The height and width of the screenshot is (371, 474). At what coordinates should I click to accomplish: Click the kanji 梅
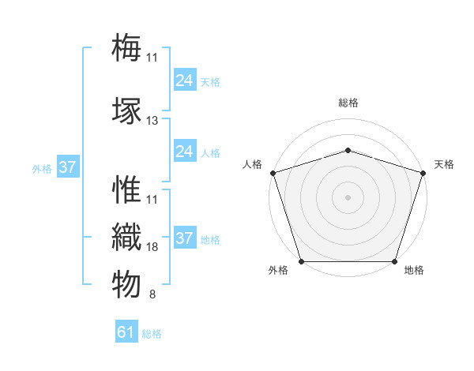click(x=126, y=47)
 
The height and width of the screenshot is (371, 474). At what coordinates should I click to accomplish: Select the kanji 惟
click(x=126, y=191)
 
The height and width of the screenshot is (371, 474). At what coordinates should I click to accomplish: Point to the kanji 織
click(x=126, y=238)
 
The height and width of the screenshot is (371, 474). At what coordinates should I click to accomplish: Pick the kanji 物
click(x=126, y=283)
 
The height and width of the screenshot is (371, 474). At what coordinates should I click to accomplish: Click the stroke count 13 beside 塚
click(x=152, y=121)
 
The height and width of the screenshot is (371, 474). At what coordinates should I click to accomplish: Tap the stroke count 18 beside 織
click(x=152, y=247)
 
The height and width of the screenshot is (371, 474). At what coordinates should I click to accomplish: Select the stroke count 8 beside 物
click(x=152, y=295)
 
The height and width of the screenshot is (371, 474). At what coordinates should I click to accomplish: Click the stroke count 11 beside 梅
click(x=152, y=57)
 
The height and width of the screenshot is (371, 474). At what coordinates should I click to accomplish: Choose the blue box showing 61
click(x=126, y=332)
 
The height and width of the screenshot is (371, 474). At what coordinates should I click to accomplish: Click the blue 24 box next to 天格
click(x=184, y=81)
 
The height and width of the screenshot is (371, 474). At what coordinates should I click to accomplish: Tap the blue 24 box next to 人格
click(x=184, y=152)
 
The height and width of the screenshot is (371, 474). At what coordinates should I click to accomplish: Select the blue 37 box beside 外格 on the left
click(x=67, y=167)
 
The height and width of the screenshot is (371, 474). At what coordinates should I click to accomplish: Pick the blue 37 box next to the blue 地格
click(x=184, y=238)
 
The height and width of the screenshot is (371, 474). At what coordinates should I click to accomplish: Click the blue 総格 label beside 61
click(x=152, y=334)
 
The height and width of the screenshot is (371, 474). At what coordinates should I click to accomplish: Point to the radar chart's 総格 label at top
click(x=348, y=103)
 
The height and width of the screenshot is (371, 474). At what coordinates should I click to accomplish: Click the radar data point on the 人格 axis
click(x=273, y=173)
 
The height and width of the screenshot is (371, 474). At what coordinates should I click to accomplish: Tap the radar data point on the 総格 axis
click(x=348, y=150)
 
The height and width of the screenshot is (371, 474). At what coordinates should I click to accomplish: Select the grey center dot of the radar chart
click(x=348, y=197)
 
